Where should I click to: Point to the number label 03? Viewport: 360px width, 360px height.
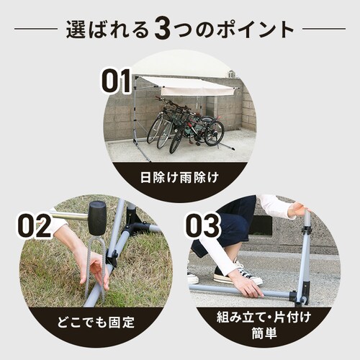[x=202, y=226]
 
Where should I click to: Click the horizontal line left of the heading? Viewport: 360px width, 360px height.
[x=36, y=30]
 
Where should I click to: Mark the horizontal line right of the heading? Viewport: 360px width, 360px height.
[x=323, y=30]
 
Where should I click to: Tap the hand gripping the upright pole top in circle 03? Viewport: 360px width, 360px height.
[x=296, y=210]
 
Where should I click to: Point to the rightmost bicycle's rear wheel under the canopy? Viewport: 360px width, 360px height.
[x=214, y=132]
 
